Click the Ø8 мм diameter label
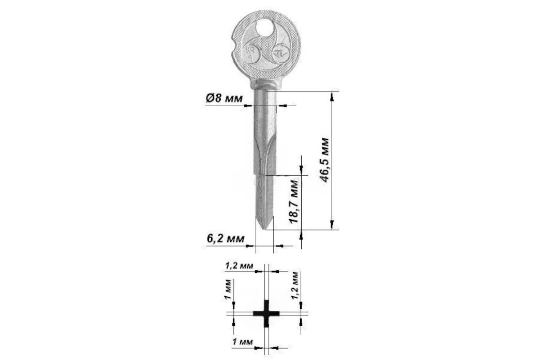[x=224, y=98]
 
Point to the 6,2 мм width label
[x=225, y=239]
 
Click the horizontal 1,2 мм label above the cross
[x=239, y=266]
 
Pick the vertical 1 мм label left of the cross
[x=228, y=289]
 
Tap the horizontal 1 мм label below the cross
[x=243, y=342]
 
